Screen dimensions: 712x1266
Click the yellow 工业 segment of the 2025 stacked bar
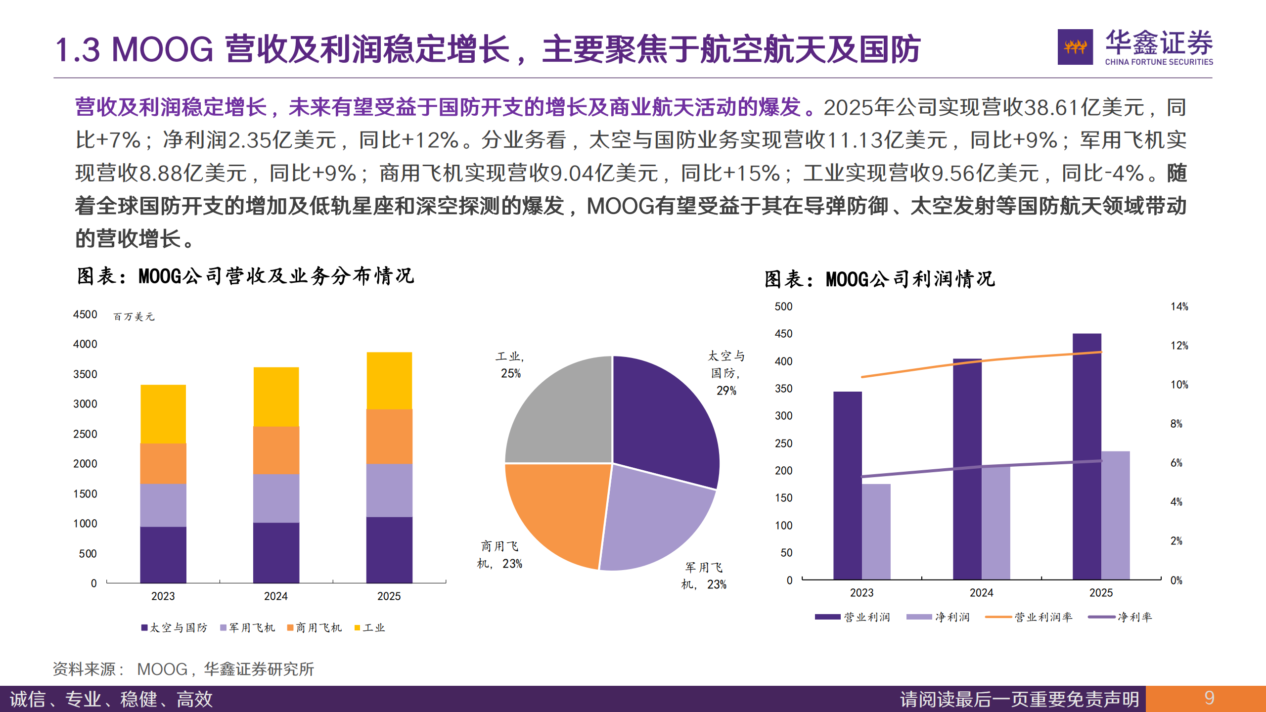389,380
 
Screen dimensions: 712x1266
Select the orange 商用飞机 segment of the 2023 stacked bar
163,463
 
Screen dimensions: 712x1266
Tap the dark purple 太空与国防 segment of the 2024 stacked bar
276,552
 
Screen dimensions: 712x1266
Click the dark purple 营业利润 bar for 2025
1086,455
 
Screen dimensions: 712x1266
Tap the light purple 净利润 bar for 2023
876,532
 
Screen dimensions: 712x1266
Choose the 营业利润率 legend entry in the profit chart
1029,617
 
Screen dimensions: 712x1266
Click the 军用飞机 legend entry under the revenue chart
247,628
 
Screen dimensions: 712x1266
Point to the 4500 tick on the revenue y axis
85,314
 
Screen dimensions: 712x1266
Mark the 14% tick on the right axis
1179,307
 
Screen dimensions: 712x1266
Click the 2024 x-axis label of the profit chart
981,593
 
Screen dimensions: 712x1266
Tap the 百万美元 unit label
134,316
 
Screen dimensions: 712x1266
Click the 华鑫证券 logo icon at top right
1075,47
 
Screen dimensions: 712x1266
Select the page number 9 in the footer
1209,698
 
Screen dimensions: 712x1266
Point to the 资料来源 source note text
183,669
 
